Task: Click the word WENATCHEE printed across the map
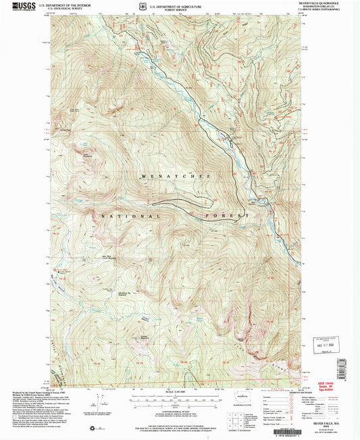coord(175,176)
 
